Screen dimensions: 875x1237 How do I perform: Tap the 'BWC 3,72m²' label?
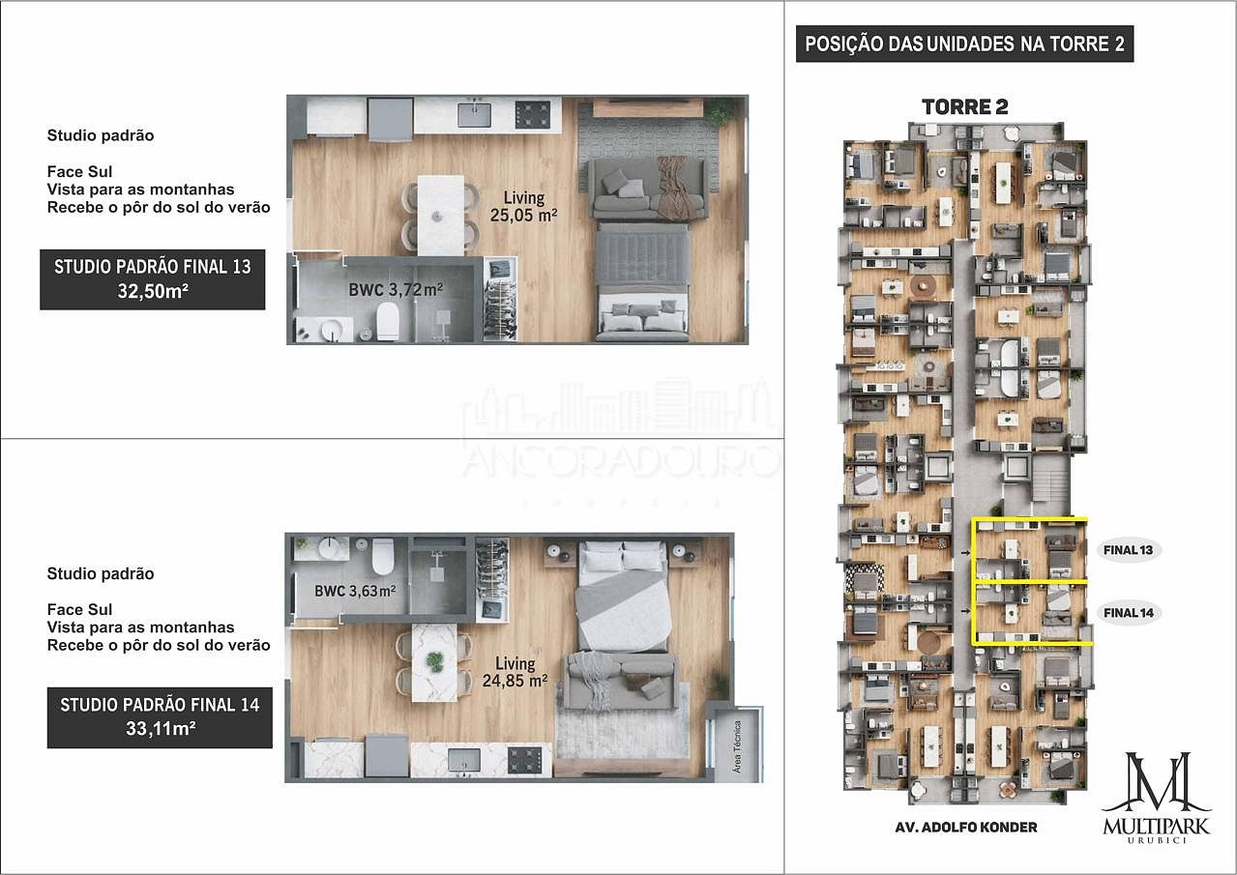coord(396,289)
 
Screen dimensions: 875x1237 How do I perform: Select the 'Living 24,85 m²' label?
coord(515,672)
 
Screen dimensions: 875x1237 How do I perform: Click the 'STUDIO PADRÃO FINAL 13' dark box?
coord(152,278)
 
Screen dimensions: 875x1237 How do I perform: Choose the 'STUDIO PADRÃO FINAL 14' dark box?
coord(160,717)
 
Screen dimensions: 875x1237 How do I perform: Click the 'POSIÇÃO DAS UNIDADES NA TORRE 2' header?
coord(964,44)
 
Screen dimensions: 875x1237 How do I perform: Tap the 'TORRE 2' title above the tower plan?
coord(964,106)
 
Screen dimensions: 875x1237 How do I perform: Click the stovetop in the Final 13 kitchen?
coord(532,115)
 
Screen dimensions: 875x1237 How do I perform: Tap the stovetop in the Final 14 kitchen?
coord(526,760)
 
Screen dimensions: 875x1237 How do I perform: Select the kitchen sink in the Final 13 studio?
coord(475,115)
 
